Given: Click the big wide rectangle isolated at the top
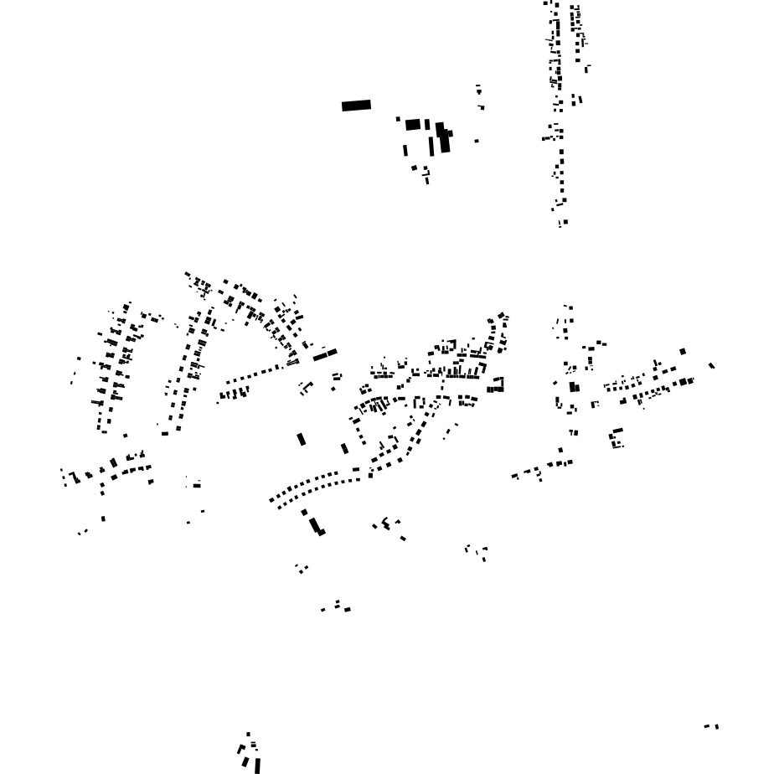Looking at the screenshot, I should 356,106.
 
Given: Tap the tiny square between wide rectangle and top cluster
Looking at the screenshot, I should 398,119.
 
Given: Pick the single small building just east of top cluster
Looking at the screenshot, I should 477,141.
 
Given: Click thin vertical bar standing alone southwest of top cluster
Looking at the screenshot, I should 405,151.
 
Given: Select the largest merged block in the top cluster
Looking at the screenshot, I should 443,137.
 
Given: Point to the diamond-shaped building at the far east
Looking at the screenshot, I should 712,365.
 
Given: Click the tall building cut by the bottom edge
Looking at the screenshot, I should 257,766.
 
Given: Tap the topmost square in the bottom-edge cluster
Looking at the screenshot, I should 248,734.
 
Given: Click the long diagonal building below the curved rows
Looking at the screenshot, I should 315,525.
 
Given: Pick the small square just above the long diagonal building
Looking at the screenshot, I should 304,512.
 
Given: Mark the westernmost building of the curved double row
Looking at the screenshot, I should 271,501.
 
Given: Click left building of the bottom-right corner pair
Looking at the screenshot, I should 708,726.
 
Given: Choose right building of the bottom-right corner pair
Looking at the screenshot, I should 717,726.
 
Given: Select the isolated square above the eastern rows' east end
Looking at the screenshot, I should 683,352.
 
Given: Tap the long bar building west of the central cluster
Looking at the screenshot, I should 325,355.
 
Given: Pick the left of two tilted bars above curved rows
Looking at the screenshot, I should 302,439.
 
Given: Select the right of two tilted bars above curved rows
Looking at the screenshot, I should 344,449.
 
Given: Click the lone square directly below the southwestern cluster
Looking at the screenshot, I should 103,519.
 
